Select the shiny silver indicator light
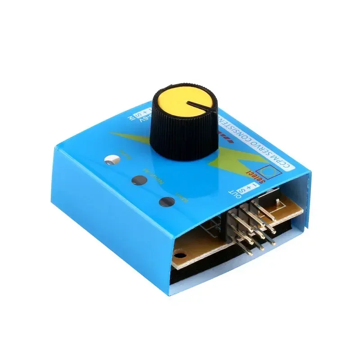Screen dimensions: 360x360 coord(112,159)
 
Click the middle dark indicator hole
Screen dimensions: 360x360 coord(139,180)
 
